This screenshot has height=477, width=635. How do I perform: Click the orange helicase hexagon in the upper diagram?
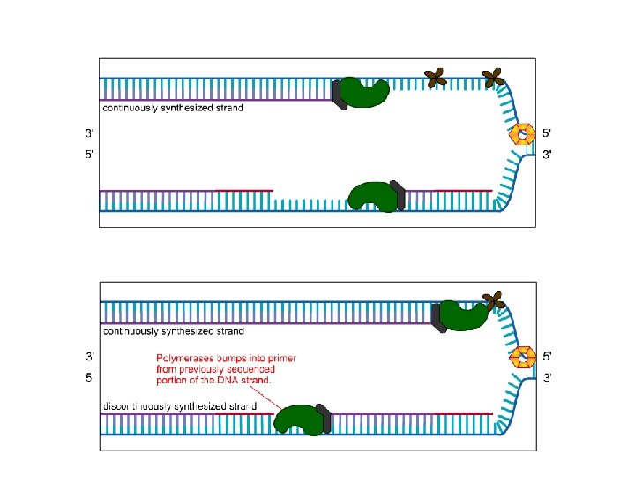tap(524, 134)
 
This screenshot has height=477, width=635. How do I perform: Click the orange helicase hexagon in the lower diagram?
tap(524, 357)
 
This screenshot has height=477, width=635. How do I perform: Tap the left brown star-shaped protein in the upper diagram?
tap(435, 79)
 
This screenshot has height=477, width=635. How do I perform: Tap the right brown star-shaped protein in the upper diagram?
tap(492, 79)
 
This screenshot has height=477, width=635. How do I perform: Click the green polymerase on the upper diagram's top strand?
tap(363, 92)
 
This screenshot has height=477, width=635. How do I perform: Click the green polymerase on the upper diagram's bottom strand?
tap(374, 196)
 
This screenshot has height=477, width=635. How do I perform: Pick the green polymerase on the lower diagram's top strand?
tap(462, 315)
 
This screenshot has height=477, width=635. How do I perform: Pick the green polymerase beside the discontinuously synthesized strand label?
tap(300, 420)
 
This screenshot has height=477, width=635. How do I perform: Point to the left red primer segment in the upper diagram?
tap(245, 190)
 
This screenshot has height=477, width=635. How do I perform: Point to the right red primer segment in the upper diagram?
tap(464, 190)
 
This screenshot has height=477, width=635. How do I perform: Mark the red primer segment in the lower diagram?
tap(464, 413)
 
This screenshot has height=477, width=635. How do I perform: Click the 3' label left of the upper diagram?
tap(90, 134)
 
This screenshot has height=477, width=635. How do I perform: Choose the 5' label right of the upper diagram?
tap(547, 134)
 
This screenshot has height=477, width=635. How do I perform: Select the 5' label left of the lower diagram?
tap(90, 377)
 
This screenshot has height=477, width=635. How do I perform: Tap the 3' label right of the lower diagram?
tap(547, 377)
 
